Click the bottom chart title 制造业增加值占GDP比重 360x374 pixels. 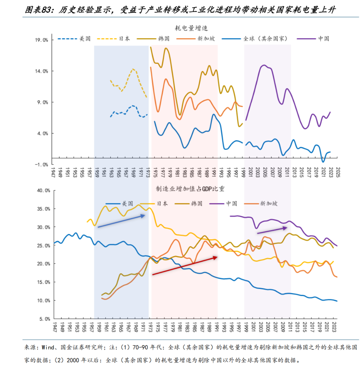coord(190,189)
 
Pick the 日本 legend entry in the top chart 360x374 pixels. coord(124,39)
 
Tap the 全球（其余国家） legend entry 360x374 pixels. coord(266,39)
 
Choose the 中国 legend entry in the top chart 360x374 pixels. coord(324,39)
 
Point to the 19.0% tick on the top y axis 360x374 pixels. coord(41,40)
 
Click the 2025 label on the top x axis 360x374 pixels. coord(337,173)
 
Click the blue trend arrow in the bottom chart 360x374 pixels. coord(121,221)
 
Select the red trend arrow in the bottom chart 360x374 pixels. coord(185,266)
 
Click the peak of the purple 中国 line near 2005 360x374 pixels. coord(264,65)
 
